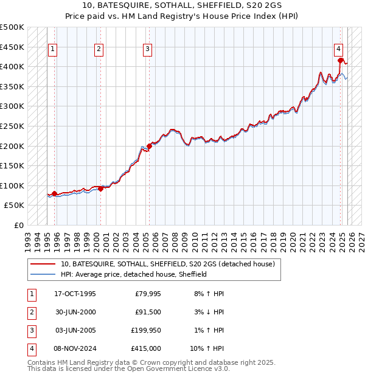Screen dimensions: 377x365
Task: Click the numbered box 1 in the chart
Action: pos(52,50)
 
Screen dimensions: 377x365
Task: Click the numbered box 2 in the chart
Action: pos(99,50)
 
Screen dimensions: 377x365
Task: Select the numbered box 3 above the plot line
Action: pos(148,50)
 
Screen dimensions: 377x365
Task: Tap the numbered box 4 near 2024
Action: pos(338,50)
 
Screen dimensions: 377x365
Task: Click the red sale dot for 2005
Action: pos(149,146)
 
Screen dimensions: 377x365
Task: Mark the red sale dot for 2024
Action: pos(341,60)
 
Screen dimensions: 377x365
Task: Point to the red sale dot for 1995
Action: pos(55,193)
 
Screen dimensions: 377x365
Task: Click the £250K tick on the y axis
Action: pos(13,126)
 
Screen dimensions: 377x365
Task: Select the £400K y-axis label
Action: pos(13,66)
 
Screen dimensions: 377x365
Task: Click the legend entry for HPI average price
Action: pos(134,274)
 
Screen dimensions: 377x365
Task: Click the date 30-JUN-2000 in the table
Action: pos(75,312)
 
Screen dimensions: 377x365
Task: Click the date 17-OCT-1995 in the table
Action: pos(75,294)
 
